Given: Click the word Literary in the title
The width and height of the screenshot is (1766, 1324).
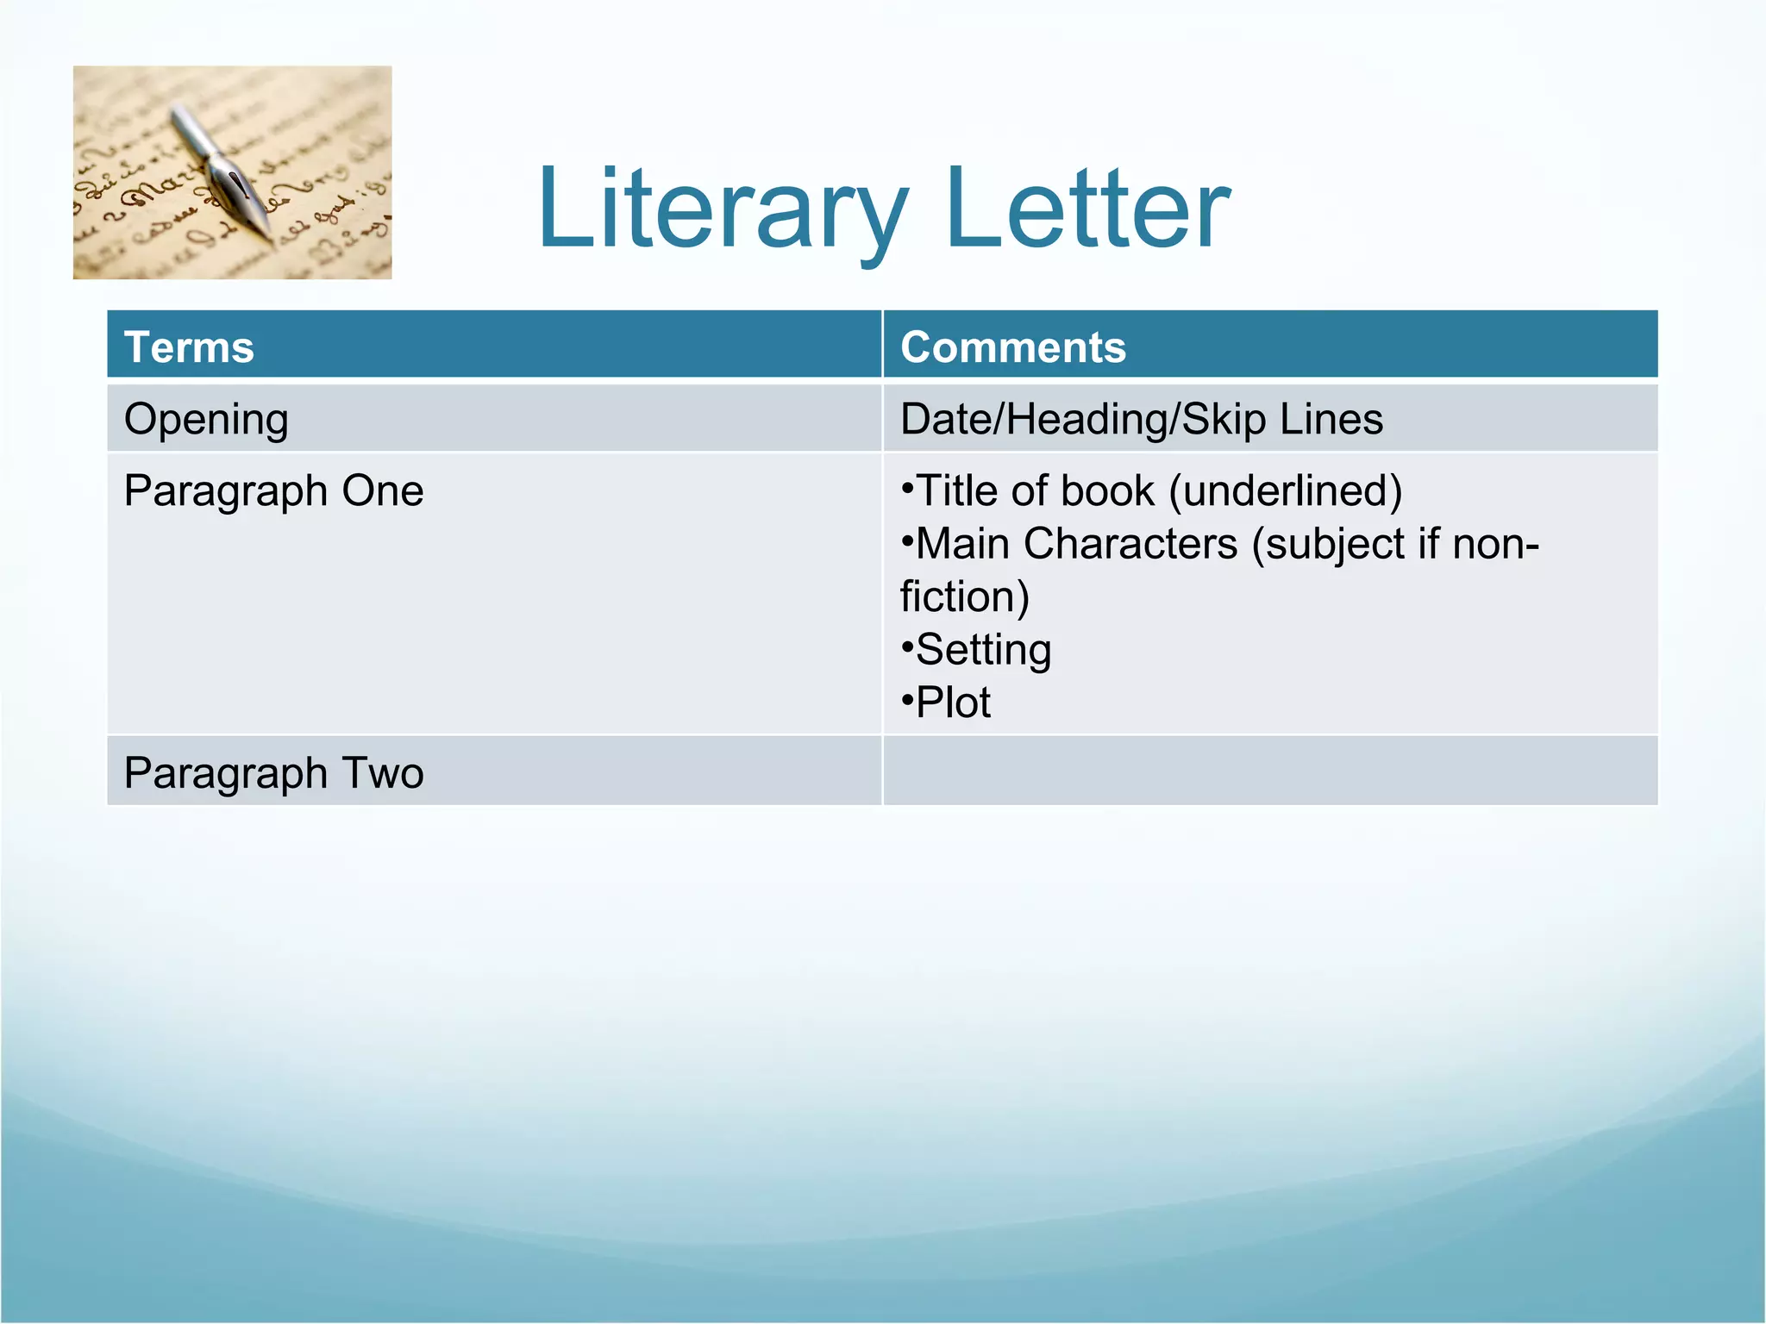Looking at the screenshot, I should coord(723,209).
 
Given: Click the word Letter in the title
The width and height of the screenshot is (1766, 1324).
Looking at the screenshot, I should coord(1087,209).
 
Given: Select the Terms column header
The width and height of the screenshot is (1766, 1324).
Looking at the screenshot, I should coord(189,347).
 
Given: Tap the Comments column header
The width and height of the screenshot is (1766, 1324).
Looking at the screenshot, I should coord(1013,347).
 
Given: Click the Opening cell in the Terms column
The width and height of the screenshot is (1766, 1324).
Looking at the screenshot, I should coord(206,420).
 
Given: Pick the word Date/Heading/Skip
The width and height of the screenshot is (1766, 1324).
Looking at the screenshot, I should coord(1083,420).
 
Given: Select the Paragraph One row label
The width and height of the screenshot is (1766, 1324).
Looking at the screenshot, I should coord(273,491).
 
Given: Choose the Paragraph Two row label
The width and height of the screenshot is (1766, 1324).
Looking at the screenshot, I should coord(273,773).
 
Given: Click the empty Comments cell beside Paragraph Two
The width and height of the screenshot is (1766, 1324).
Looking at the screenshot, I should coord(1269,771).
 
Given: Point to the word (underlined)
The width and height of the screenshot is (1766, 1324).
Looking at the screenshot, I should coord(1286,491).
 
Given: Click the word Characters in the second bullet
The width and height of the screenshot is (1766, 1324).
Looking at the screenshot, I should coord(1130,545).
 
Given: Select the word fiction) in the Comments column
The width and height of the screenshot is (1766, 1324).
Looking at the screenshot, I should coord(965,597).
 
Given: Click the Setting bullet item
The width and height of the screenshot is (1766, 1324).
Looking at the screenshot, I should coord(983,650).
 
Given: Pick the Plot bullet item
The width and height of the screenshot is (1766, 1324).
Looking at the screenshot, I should coord(953,703).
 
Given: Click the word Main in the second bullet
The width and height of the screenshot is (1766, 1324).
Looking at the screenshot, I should coord(962,545).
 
